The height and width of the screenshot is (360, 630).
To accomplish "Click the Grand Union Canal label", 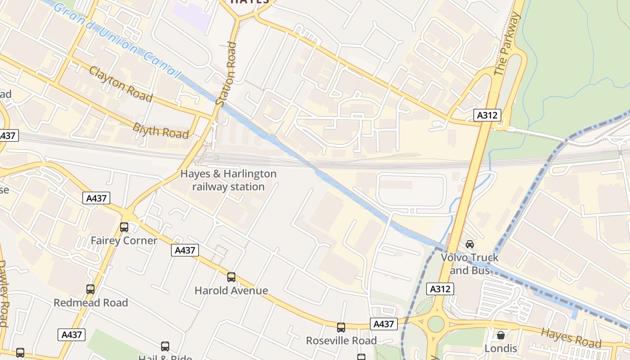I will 117,40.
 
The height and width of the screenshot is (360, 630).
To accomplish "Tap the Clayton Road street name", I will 121,84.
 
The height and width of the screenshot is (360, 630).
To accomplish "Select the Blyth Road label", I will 161,130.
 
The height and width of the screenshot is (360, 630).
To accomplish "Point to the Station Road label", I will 226,74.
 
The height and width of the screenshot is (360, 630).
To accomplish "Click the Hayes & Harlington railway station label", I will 228,180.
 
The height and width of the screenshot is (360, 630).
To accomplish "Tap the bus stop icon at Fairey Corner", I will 124,227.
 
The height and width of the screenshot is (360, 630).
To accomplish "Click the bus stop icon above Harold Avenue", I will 231,277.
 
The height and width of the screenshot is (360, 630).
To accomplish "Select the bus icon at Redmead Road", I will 90,289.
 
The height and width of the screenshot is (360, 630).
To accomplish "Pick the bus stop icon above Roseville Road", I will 341,327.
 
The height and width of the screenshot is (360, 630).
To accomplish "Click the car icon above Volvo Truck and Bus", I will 470,244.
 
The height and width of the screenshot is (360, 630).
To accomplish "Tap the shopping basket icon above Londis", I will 500,335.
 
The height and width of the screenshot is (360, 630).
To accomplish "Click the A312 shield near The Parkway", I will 487,115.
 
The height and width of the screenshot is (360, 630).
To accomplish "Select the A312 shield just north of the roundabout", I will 440,289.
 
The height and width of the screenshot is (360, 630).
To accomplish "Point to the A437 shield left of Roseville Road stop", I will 384,324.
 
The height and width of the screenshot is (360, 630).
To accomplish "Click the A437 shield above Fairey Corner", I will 96,198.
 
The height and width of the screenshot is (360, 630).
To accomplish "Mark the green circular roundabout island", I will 436,324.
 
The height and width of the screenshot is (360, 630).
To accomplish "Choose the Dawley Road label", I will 4,292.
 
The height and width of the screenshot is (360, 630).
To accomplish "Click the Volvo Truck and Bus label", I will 470,264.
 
